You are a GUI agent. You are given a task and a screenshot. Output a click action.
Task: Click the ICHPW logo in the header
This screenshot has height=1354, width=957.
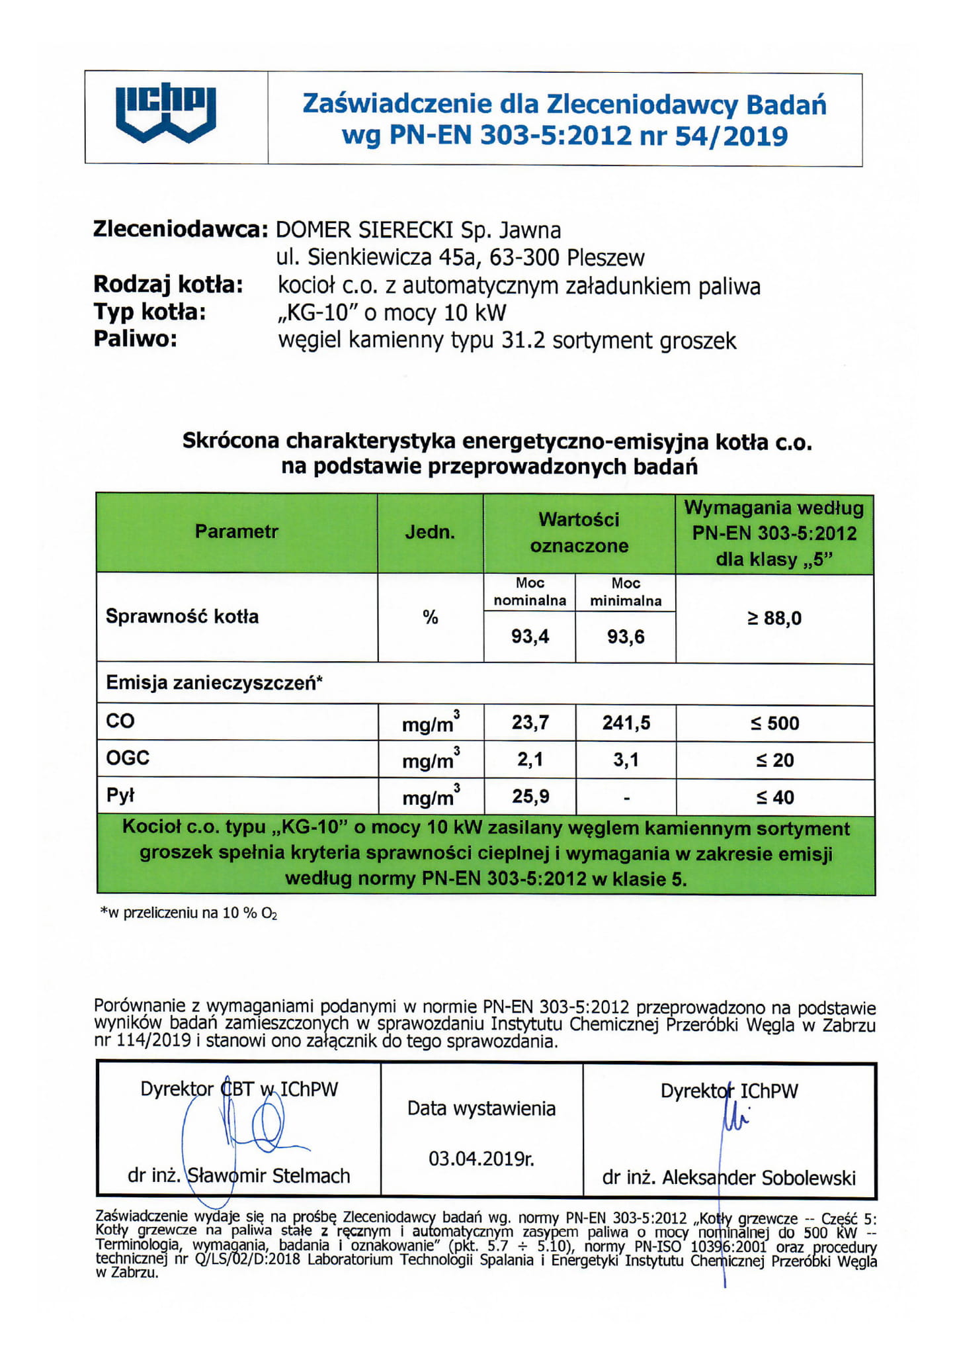[x=165, y=114]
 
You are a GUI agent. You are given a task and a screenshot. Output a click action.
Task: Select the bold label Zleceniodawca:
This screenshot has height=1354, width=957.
[x=180, y=230]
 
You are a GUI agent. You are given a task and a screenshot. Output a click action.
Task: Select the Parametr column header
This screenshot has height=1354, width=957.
[x=236, y=531]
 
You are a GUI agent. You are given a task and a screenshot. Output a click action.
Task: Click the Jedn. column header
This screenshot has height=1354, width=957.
[x=430, y=532]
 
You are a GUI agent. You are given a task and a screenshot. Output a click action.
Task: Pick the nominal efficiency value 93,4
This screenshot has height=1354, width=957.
[x=530, y=637]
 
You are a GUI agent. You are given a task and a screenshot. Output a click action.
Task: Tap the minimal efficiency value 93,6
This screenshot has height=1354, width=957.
[x=626, y=637]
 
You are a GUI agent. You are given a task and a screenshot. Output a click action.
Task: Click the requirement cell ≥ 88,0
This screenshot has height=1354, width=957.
[x=774, y=618]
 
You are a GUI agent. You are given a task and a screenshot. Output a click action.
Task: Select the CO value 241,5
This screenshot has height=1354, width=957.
[x=626, y=723]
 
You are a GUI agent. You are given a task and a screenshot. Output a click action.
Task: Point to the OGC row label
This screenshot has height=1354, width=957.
[x=128, y=758]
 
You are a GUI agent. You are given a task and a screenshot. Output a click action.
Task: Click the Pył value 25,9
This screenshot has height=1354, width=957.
[x=530, y=796]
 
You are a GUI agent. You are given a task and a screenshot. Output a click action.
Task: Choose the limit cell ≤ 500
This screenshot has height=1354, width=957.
[x=774, y=723]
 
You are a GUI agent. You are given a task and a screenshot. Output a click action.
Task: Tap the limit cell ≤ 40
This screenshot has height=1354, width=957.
[x=774, y=797]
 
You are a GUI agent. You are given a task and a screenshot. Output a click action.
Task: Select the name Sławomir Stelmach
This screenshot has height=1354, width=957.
[x=269, y=1175]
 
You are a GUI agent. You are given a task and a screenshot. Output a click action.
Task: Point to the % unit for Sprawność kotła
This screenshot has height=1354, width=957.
[x=431, y=617]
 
